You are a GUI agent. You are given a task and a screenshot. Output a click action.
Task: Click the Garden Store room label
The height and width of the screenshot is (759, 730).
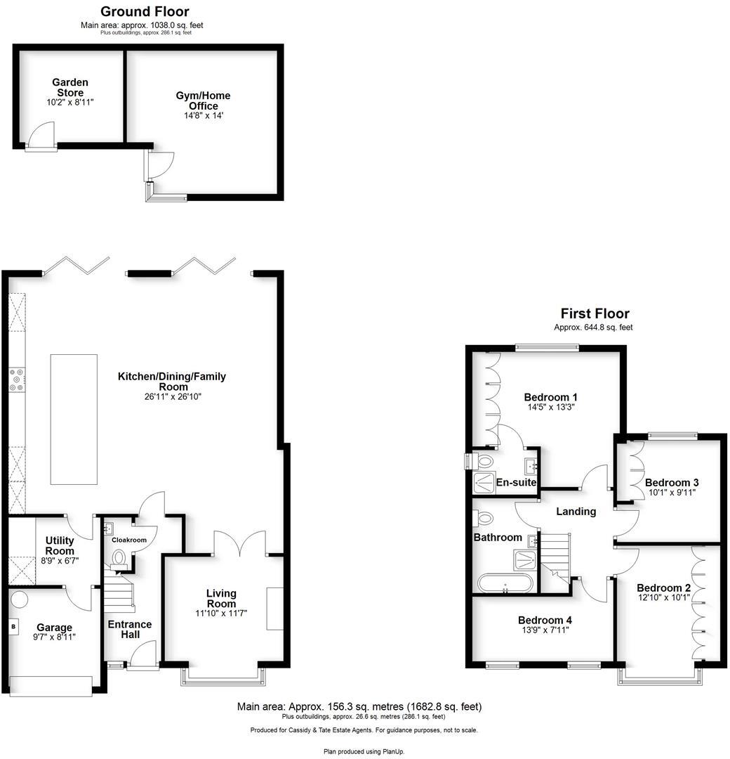(x=70, y=88)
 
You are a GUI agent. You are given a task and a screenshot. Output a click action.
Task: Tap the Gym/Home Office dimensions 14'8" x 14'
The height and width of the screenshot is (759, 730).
(x=203, y=116)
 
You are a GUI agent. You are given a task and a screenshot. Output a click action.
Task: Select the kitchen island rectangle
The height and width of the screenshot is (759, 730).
(x=74, y=419)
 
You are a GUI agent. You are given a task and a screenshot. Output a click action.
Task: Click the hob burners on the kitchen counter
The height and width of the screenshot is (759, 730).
(x=16, y=379)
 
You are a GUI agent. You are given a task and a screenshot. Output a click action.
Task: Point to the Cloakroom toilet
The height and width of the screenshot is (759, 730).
(x=119, y=558)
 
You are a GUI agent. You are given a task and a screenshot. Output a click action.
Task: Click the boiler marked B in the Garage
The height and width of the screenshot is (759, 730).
(x=13, y=625)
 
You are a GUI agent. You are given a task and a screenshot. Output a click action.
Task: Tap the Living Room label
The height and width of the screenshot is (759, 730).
(x=221, y=599)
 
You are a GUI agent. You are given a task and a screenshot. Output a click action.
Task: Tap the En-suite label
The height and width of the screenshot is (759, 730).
(x=516, y=483)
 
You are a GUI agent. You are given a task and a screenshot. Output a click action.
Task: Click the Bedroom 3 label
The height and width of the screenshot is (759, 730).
(x=672, y=483)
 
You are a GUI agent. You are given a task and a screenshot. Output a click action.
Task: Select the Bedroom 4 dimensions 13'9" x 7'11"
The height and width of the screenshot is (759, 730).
(x=545, y=630)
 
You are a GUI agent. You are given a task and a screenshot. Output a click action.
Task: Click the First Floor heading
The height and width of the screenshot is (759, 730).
(x=595, y=313)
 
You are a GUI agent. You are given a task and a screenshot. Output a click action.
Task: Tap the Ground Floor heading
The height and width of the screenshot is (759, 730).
(x=145, y=11)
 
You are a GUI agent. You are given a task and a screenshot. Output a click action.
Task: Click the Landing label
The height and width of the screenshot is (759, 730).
(x=576, y=512)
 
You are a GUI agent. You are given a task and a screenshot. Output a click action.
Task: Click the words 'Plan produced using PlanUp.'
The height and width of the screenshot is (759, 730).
(x=364, y=751)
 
